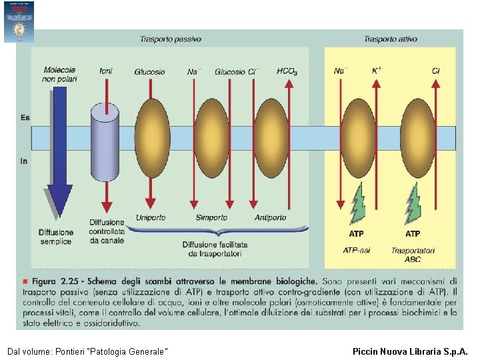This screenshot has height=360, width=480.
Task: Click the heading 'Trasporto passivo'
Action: [170, 39]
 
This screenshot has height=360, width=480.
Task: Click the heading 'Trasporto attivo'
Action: [390, 39]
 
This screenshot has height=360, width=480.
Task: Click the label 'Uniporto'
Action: [151, 218]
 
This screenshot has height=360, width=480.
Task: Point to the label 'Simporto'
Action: [211, 218]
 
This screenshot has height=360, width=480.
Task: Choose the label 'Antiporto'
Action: [271, 218]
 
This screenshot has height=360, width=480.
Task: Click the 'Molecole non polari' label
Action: [60, 74]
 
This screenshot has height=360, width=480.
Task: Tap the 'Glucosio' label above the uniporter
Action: [150, 72]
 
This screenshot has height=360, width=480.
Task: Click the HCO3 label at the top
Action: [287, 71]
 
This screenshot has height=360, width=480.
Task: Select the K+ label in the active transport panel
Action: [377, 71]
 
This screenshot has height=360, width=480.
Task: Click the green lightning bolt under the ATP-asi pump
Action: [357, 203]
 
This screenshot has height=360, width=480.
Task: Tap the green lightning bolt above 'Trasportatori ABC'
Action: [413, 203]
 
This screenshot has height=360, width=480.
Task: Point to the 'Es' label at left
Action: [25, 118]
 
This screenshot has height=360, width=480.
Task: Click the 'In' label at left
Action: [24, 161]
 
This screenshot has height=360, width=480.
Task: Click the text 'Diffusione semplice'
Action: [55, 237]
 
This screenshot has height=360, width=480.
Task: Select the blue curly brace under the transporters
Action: [217, 231]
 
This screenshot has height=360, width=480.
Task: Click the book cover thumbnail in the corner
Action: [19, 21]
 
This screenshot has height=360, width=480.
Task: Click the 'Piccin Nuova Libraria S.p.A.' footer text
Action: [410, 351]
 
